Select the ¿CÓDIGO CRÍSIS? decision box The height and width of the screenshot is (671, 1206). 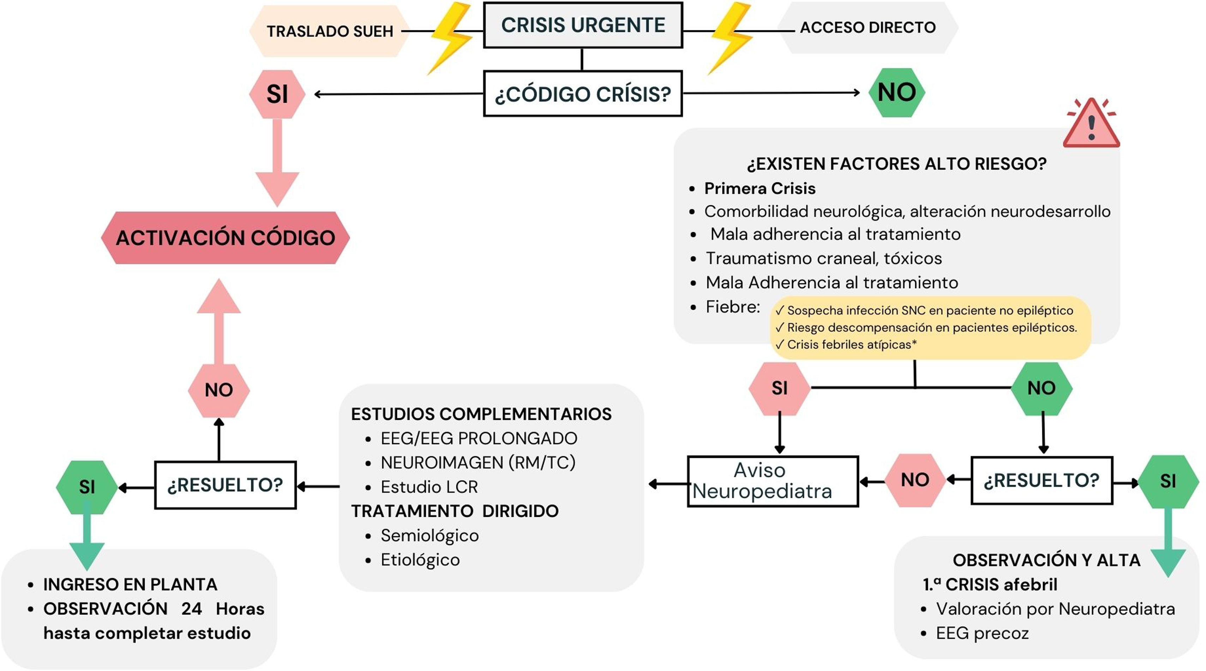[x=583, y=93]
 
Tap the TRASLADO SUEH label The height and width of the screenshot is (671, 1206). [x=330, y=31]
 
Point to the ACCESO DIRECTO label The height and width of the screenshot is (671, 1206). [x=868, y=28]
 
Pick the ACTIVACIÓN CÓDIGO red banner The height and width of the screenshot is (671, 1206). [x=225, y=238]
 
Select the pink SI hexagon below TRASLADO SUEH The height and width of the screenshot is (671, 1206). [x=277, y=94]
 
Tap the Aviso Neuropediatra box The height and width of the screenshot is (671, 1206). [x=773, y=481]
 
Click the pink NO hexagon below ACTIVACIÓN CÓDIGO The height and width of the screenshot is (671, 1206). [x=218, y=390]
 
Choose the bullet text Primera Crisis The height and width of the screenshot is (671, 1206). [x=760, y=189]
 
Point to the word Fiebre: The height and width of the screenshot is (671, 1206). [x=733, y=307]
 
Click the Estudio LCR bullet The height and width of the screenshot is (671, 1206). [x=429, y=487]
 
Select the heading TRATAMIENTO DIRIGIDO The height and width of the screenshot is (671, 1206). [x=455, y=511]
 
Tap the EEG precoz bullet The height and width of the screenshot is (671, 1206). [x=982, y=634]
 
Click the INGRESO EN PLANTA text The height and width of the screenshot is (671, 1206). [x=130, y=585]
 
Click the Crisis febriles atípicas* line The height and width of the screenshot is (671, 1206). [x=846, y=344]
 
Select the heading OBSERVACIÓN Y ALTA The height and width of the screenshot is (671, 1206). [x=1046, y=560]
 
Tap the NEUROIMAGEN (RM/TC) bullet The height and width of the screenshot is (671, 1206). [x=478, y=463]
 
